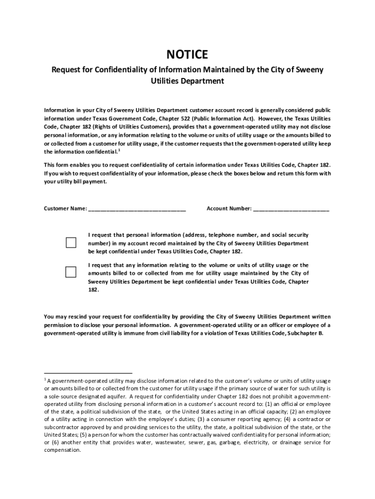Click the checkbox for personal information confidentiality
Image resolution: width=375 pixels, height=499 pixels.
pos(71,243)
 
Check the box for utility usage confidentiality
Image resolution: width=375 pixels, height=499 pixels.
pos(71,272)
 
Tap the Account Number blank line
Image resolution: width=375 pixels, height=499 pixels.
pos(291,210)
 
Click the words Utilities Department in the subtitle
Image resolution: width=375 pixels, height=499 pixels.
pos(187,81)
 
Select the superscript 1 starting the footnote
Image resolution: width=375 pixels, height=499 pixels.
pos(45,379)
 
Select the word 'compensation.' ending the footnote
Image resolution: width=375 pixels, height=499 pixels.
pos(63,450)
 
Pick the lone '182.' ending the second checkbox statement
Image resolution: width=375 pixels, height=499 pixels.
pos(94,289)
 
